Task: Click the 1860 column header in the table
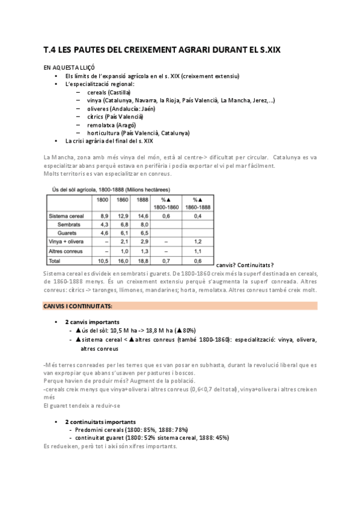click(122, 200)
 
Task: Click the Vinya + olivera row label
click(66, 241)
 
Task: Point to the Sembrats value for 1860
click(123, 224)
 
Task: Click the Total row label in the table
click(55, 262)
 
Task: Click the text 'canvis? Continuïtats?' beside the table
click(244, 265)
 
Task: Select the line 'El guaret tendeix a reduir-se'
click(83, 405)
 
